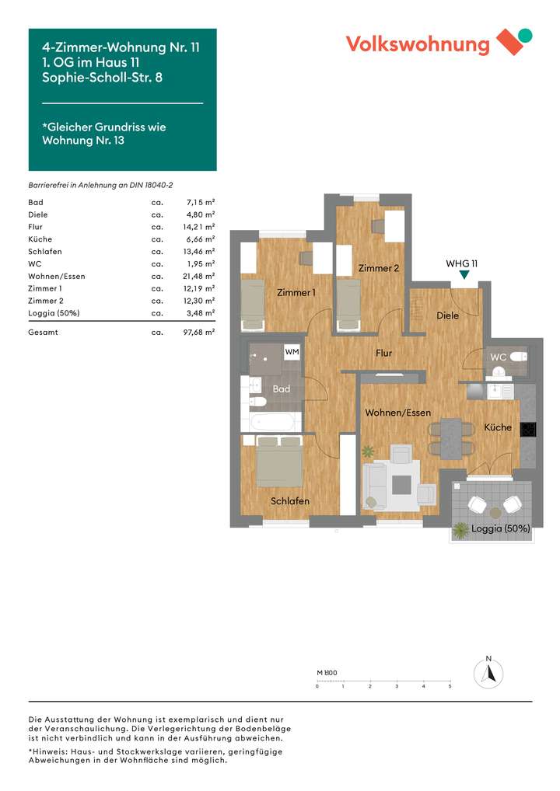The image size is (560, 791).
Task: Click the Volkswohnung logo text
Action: pos(418,44)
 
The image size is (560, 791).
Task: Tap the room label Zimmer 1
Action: pos(296,293)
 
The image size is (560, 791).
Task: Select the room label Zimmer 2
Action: pos(379,268)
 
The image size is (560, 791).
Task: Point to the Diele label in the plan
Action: pos(447,315)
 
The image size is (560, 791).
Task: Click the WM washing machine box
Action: pos(292,353)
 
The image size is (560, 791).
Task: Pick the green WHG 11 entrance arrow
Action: pos(464,275)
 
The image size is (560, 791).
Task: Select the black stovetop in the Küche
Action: pos(527,430)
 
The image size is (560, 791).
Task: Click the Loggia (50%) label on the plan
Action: pos(500,528)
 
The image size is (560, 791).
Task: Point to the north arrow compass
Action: pos(488,672)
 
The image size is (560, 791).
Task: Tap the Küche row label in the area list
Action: pos(40,239)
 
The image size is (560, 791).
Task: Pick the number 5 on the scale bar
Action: pos(450,687)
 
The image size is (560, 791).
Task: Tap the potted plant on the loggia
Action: pos(461,530)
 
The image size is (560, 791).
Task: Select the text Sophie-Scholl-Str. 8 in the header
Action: pos(102,76)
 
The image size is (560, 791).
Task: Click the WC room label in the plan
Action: pos(498,357)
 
